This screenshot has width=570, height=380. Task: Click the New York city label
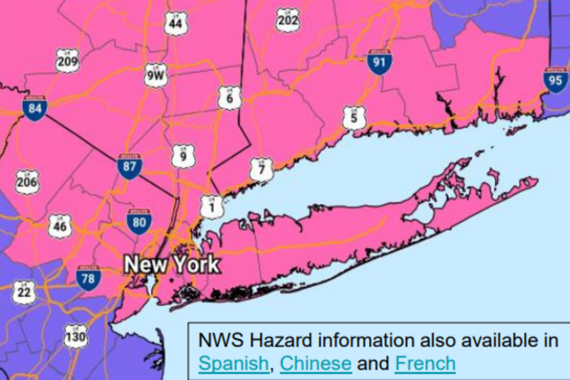171,264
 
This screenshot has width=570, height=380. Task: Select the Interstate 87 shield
129,167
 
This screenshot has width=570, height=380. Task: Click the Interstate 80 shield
139,221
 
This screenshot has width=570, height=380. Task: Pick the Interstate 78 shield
88,278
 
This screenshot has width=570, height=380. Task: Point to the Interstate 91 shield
379,62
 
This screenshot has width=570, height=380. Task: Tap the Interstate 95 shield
555,80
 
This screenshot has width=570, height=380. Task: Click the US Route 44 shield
176,24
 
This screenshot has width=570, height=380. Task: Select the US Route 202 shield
288,20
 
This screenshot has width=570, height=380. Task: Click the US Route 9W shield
156,75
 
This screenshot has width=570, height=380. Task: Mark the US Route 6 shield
229,97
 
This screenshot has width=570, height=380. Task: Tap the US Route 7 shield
261,169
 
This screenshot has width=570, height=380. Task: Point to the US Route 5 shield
354,117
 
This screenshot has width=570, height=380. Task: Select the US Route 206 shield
27,182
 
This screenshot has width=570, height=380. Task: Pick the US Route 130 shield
75,336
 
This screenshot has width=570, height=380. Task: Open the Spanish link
233,364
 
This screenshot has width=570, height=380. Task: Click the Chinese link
315,364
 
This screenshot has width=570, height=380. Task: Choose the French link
425,364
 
